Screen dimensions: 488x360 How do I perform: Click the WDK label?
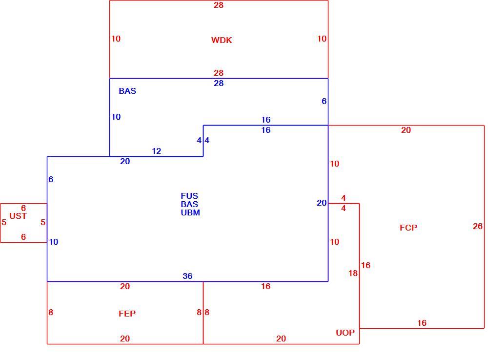click(222, 40)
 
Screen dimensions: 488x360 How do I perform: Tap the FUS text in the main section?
click(189, 196)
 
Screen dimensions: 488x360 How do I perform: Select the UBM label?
click(190, 212)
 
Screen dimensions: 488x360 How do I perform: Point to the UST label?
click(18, 216)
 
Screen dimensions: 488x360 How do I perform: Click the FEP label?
click(127, 314)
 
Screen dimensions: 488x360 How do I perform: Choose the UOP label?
click(345, 333)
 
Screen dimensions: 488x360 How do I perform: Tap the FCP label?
click(408, 228)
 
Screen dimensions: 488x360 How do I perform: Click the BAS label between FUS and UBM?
click(189, 204)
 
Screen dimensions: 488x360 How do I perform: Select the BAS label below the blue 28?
click(127, 91)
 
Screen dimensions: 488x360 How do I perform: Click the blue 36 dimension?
click(187, 276)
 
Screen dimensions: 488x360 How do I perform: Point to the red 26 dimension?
click(477, 226)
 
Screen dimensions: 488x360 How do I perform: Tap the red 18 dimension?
click(353, 273)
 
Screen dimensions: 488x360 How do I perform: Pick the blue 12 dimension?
click(156, 151)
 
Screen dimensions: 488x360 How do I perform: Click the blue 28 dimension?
click(219, 83)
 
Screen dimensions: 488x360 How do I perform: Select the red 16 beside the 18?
click(366, 265)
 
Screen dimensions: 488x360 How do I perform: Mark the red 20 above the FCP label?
click(406, 130)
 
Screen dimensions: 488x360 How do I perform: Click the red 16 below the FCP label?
click(422, 323)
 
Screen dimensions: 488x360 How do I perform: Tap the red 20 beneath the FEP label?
click(125, 339)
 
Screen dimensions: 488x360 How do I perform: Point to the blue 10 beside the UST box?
click(53, 242)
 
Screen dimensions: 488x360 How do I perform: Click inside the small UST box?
click(23, 223)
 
